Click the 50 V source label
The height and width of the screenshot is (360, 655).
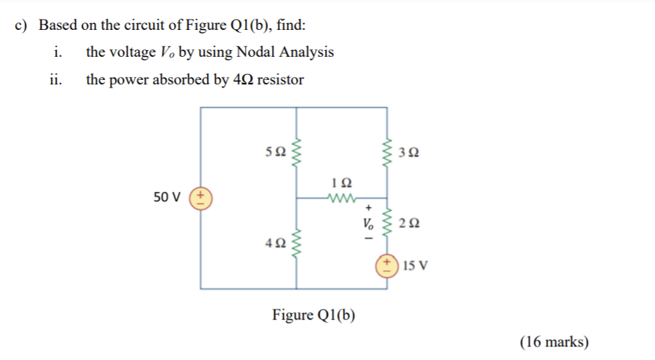tap(167, 197)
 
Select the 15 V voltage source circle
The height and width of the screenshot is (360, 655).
tap(386, 265)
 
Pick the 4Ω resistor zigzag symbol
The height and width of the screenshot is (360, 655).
tap(298, 243)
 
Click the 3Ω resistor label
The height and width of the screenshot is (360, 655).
tap(409, 152)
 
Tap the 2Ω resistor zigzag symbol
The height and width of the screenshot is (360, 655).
tap(386, 223)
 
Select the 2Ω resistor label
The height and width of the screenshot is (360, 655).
tap(409, 223)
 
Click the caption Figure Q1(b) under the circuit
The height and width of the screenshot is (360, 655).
tap(314, 314)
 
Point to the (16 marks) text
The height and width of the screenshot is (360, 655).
tap(554, 342)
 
